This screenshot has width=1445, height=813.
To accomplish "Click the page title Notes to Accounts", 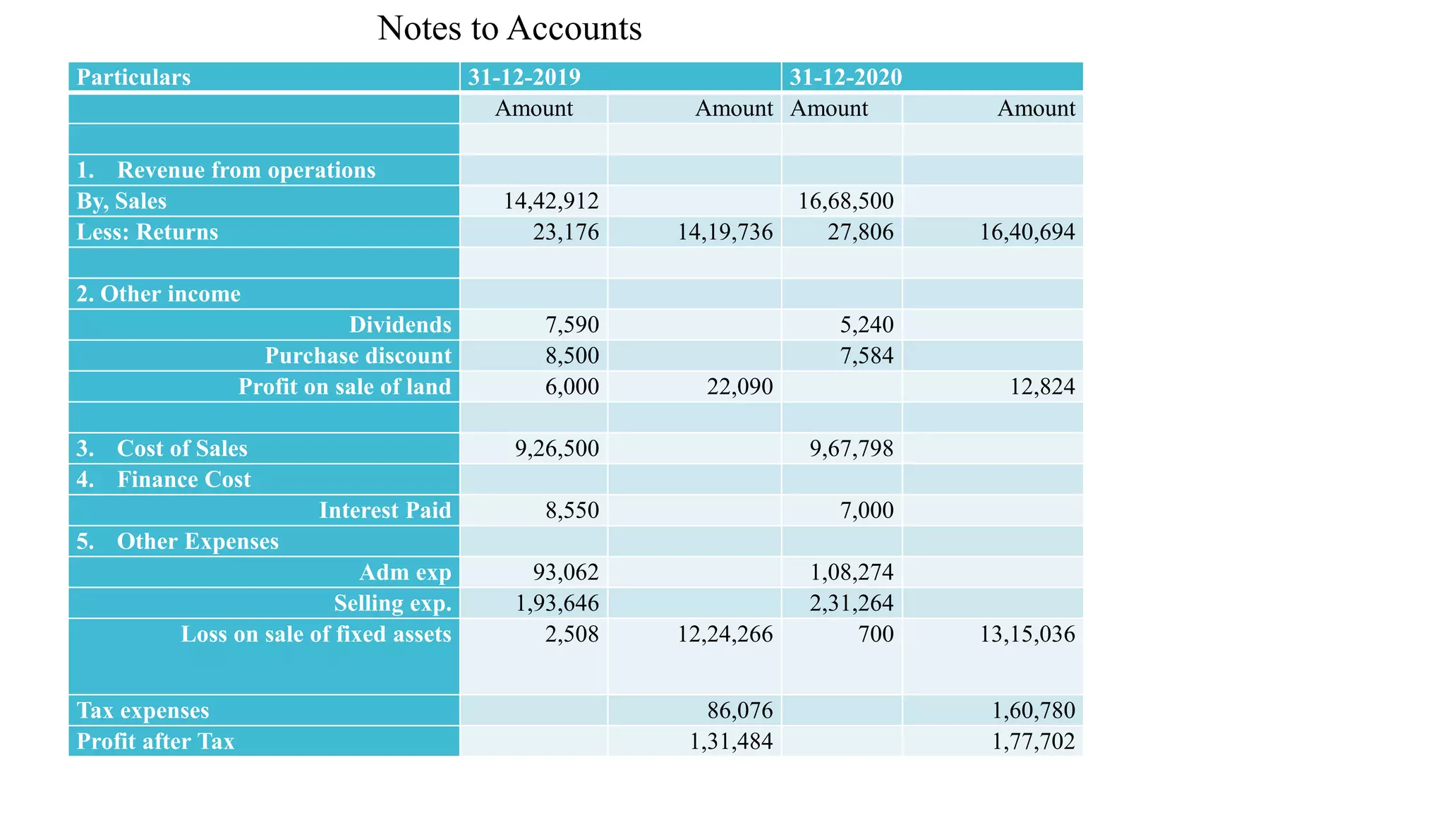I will pyautogui.click(x=509, y=29).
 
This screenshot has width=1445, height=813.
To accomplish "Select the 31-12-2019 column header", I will pyautogui.click(x=524, y=77).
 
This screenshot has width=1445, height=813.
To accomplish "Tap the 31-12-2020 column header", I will pyautogui.click(x=845, y=77).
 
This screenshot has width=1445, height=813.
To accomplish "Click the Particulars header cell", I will pyautogui.click(x=133, y=77).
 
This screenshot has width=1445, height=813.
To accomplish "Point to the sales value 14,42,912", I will pyautogui.click(x=550, y=201).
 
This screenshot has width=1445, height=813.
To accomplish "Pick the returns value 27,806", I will pyautogui.click(x=860, y=232).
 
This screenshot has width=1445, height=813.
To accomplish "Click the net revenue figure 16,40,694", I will pyautogui.click(x=1027, y=232).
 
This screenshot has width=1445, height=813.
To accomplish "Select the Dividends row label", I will pyautogui.click(x=400, y=325).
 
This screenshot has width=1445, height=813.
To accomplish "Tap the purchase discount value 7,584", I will pyautogui.click(x=866, y=356).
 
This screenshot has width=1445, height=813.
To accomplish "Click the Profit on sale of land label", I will pyautogui.click(x=344, y=387).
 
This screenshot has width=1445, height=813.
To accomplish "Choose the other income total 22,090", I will pyautogui.click(x=739, y=387).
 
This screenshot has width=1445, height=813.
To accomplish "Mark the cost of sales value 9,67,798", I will pyautogui.click(x=851, y=449).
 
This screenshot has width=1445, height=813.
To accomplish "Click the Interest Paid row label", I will pyautogui.click(x=385, y=510).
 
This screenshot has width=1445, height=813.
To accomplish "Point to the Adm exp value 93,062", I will pyautogui.click(x=566, y=572).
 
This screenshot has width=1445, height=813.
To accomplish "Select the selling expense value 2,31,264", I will pyautogui.click(x=851, y=603).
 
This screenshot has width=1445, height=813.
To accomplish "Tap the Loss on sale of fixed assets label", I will pyautogui.click(x=315, y=634).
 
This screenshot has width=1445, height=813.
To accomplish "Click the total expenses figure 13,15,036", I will pyautogui.click(x=1027, y=634).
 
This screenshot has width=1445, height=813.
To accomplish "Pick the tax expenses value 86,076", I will pyautogui.click(x=739, y=711).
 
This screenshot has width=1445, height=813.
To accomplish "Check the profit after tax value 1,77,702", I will pyautogui.click(x=1033, y=742).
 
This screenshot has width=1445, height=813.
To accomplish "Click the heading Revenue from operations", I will pyautogui.click(x=246, y=170).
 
